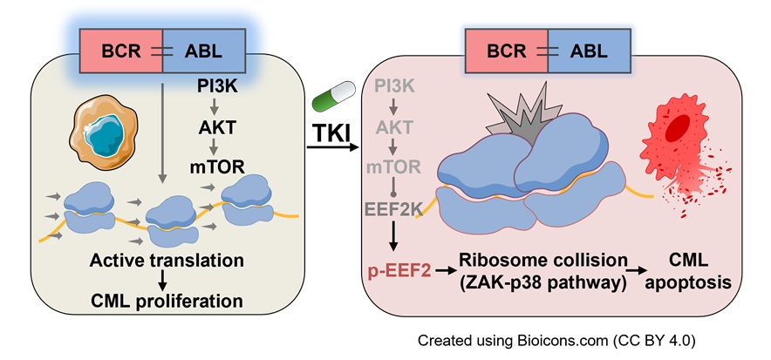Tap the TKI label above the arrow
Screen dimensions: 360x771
[332, 132]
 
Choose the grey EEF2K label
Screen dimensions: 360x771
[393, 209]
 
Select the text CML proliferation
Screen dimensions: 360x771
[167, 302]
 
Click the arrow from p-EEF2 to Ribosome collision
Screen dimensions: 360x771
[443, 269]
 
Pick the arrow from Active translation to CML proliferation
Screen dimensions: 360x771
[164, 281]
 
